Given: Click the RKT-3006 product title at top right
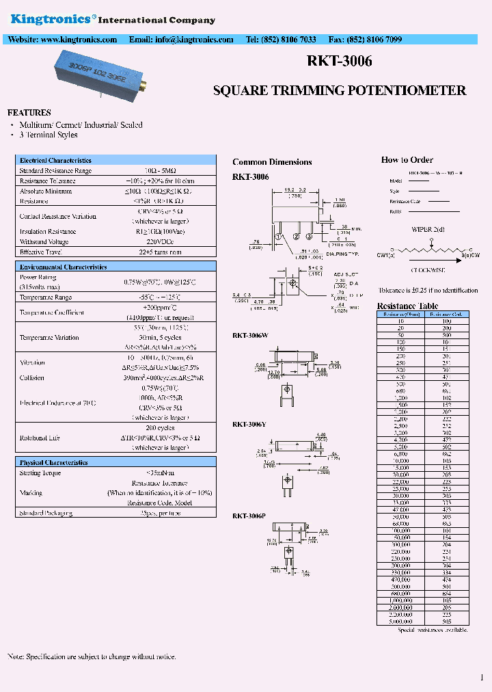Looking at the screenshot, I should pos(339,62).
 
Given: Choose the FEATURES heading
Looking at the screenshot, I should pos(29,112).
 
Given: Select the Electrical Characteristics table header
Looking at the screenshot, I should pos(55,160).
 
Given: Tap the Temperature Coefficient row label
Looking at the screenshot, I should pos(51,312).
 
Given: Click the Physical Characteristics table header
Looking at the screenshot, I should pos(53,462).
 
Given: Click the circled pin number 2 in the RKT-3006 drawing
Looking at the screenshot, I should pos(295,237).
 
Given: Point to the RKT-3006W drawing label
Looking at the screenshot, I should pos(250,335).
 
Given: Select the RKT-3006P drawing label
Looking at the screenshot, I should pos(249,516).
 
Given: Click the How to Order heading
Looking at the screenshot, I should pos(407,159).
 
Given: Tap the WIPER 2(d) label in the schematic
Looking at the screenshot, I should pos(428,229).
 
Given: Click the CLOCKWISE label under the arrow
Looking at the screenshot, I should pos(428,269).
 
